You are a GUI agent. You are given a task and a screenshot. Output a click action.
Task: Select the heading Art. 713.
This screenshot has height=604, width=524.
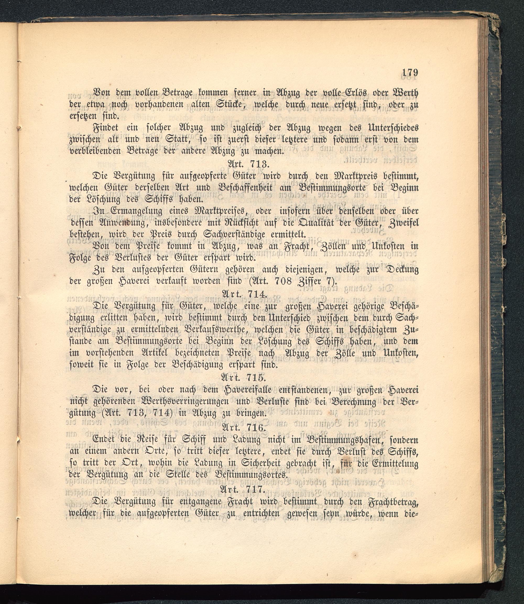pyautogui.click(x=249, y=164)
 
